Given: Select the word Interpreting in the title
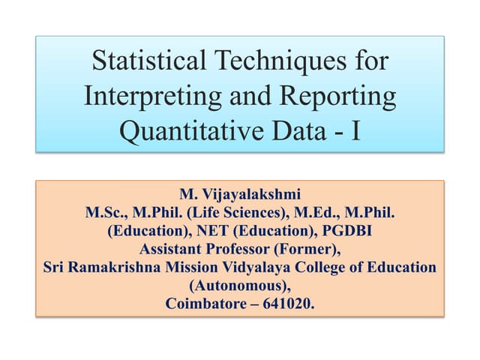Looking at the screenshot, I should tap(160, 97).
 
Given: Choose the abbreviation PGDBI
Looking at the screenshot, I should tap(341, 232).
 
